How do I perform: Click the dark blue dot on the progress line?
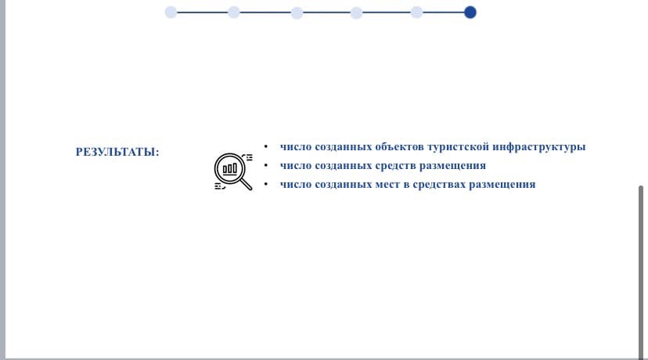tap(470, 13)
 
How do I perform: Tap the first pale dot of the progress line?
tap(171, 13)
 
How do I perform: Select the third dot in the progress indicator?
tap(297, 13)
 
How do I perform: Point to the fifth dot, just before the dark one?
tap(416, 13)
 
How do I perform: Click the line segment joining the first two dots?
tap(203, 13)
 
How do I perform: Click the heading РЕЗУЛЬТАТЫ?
tap(117, 152)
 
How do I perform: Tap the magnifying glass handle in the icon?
tap(247, 185)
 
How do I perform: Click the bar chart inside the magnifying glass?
tap(230, 168)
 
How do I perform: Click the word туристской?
tap(458, 146)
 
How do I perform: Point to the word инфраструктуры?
tap(539, 146)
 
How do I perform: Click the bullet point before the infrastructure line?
tap(266, 146)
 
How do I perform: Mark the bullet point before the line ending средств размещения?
tap(266, 165)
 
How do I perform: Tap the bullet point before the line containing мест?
tap(266, 184)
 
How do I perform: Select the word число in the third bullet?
tap(296, 185)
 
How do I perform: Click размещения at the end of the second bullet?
tap(452, 166)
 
